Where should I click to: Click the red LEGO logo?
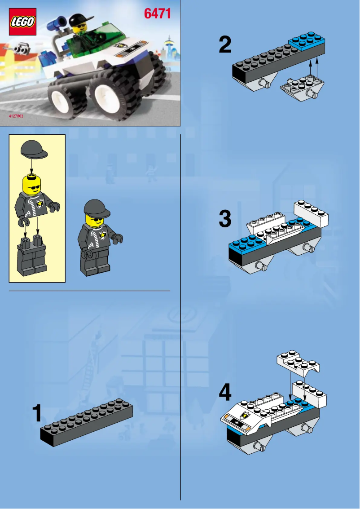[x=22, y=22]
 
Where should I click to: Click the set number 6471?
[x=157, y=14]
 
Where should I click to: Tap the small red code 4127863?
[x=16, y=116]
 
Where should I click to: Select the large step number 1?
[x=38, y=413]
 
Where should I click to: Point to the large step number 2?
[x=225, y=45]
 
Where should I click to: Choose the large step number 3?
[x=225, y=220]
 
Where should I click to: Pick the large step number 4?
[x=225, y=393]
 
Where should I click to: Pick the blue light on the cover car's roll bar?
[x=57, y=20]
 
